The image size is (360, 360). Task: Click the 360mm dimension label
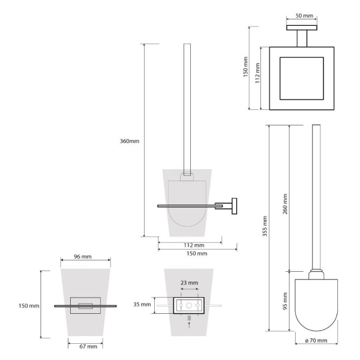click(130, 141)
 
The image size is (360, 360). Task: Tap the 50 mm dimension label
click(304, 16)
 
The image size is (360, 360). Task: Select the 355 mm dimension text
click(265, 226)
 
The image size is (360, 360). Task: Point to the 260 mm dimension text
click(285, 204)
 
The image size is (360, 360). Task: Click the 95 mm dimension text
click(285, 301)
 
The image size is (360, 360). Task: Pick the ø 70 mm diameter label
click(316, 340)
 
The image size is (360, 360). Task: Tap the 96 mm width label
click(83, 256)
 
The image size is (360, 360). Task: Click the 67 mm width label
click(88, 346)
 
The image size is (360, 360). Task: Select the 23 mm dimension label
click(189, 283)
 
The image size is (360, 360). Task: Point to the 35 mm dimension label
click(142, 304)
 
